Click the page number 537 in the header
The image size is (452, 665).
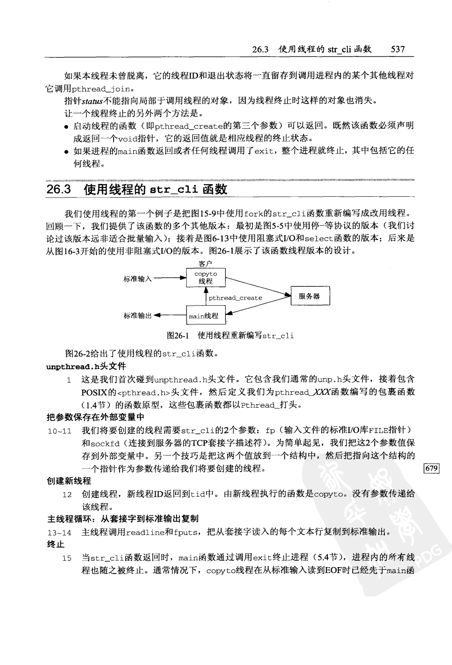[398, 49]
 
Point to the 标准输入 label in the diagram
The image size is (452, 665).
[137, 278]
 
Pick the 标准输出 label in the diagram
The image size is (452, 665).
[137, 316]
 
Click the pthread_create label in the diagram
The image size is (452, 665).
[235, 298]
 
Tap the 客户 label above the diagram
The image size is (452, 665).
[205, 264]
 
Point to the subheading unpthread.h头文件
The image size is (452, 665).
[86, 366]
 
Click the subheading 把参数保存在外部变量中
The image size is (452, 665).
[96, 417]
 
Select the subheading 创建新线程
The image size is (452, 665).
[69, 481]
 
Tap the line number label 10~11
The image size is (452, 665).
[60, 431]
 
